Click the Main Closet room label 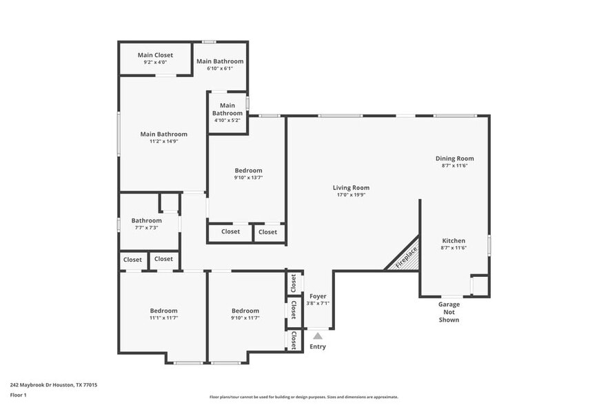(155, 55)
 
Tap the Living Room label (351, 187)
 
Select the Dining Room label (454, 158)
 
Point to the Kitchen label (454, 240)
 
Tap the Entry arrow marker (318, 336)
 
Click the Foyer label (318, 296)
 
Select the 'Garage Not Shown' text (449, 312)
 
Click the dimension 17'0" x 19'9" (351, 195)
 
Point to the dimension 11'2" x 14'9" (163, 141)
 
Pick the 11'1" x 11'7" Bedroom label (163, 311)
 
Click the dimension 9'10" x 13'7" (248, 178)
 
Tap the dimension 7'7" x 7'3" (146, 228)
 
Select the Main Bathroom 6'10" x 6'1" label (219, 61)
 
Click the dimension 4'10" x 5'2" (227, 121)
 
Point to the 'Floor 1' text (18, 395)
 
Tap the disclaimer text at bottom (303, 397)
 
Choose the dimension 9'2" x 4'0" (155, 63)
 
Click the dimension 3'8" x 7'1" (318, 303)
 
